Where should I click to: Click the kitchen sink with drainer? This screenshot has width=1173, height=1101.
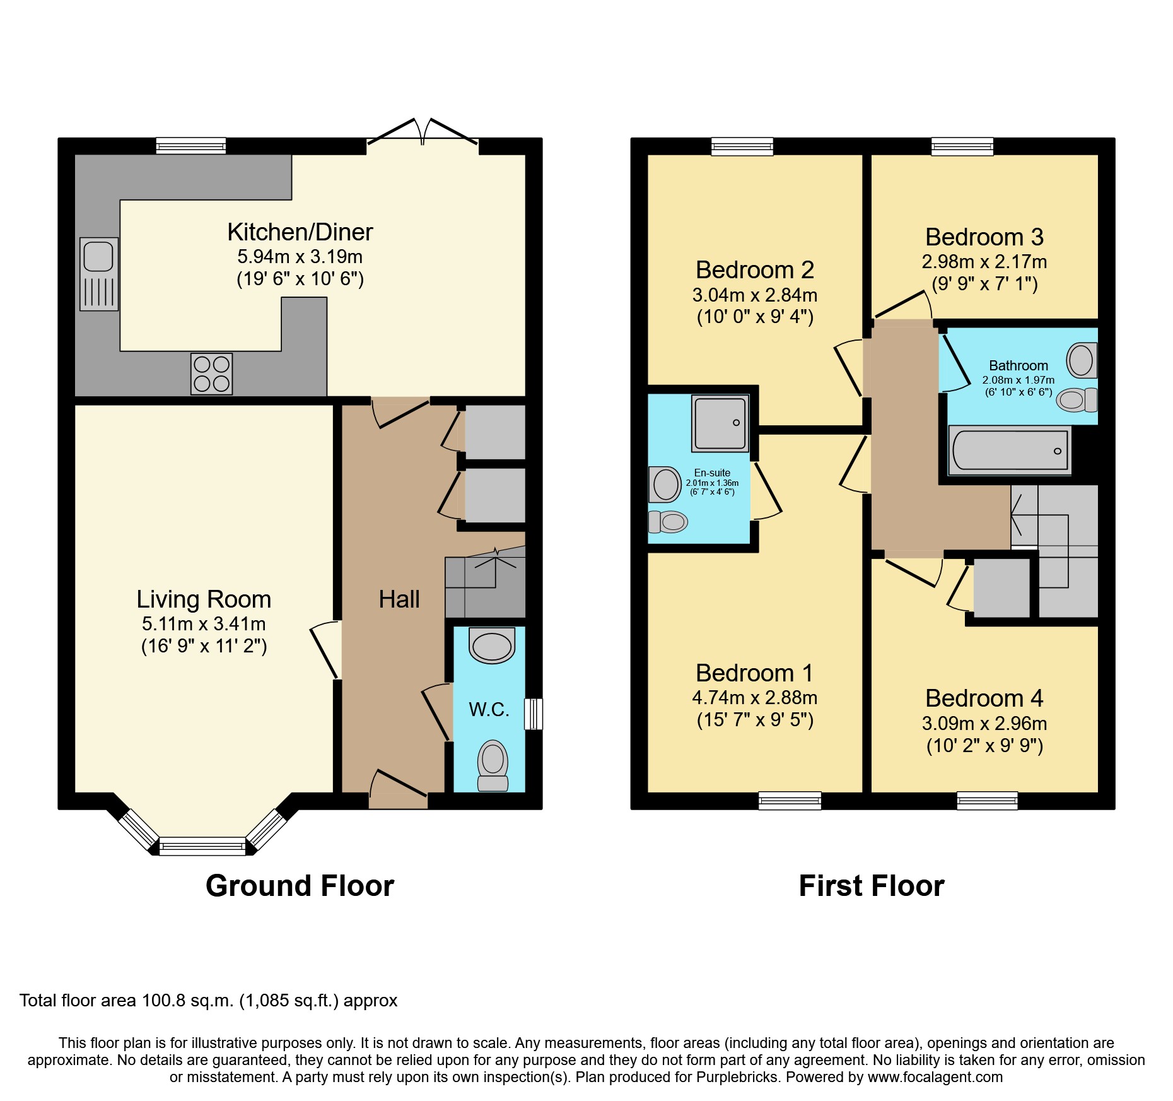coord(99,274)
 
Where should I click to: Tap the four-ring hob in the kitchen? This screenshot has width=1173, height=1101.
coord(212,374)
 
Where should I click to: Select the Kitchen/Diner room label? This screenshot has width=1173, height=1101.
coord(300,232)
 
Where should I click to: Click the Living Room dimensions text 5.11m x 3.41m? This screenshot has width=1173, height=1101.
coord(204,624)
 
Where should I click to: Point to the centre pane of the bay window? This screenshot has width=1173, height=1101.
coord(202,845)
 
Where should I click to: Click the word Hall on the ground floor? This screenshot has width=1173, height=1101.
coord(399,599)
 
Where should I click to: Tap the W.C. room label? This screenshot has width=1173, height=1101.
coord(489,710)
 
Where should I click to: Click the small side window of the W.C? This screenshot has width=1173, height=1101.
coord(534,714)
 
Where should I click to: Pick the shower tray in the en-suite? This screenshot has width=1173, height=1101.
coord(720,423)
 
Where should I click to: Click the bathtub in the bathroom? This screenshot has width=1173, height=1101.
coord(1010,450)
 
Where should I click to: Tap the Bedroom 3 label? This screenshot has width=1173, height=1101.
coord(984,237)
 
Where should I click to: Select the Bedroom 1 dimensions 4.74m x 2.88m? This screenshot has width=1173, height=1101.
coord(754,698)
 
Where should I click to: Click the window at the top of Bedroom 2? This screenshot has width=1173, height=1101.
coord(742,146)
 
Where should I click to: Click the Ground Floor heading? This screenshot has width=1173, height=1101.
coord(300,886)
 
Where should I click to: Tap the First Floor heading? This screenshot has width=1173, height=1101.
coord(871,886)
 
